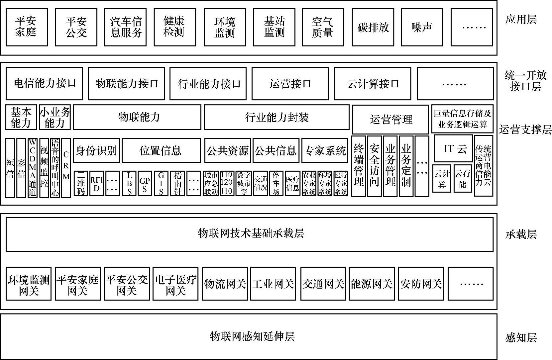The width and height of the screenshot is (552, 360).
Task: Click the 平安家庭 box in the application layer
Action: (x=27, y=27)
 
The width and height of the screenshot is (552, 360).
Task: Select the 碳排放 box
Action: (x=373, y=27)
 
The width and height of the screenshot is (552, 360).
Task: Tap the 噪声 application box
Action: (x=422, y=27)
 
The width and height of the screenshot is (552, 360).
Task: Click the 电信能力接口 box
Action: (x=44, y=83)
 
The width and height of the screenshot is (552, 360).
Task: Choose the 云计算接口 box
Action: (x=373, y=84)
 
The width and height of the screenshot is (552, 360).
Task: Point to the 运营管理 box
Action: (x=390, y=119)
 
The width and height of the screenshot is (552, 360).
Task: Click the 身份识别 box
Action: (x=96, y=150)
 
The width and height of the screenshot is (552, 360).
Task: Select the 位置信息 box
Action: (x=161, y=150)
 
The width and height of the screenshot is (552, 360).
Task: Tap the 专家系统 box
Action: (x=325, y=150)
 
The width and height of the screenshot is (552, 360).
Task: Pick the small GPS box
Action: (x=145, y=183)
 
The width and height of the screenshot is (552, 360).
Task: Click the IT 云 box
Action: (x=453, y=148)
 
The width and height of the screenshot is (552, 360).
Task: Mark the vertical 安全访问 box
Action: (x=374, y=166)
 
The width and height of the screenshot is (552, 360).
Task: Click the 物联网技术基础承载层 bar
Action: (x=250, y=234)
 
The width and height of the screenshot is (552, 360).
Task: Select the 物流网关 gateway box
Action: (x=225, y=284)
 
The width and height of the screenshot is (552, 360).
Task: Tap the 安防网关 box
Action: (x=421, y=284)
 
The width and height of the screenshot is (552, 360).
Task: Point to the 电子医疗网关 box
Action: (x=175, y=284)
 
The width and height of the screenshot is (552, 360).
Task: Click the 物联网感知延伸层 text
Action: (x=252, y=336)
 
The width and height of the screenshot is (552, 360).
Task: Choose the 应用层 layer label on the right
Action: (x=520, y=20)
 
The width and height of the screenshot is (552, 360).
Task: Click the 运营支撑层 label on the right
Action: (x=525, y=129)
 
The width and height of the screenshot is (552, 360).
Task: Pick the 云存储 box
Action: (x=463, y=179)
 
